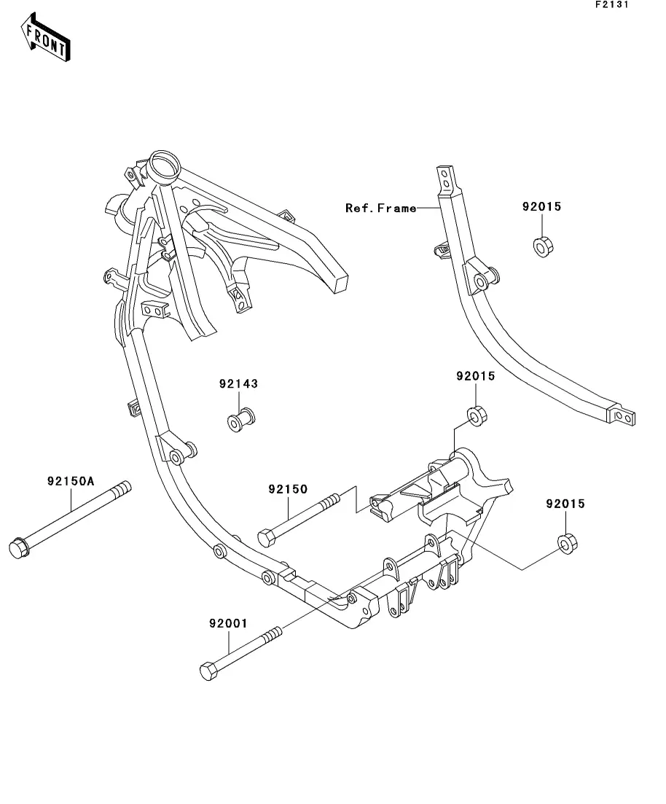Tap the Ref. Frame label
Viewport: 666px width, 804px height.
coord(380,208)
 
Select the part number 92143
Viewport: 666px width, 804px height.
coord(238,383)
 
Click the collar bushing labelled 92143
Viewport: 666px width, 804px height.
coord(241,421)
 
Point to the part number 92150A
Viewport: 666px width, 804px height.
coord(71,481)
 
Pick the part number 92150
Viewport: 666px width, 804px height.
coord(287,488)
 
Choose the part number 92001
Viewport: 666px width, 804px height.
coord(228,624)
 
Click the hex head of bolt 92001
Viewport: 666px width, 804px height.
coord(208,671)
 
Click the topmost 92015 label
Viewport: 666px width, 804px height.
coord(541,206)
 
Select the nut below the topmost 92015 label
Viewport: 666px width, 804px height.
coord(541,246)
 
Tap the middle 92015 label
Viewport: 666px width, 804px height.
coord(475,377)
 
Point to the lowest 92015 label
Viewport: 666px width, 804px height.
coord(565,504)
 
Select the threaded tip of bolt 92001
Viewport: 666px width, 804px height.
coord(275,631)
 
